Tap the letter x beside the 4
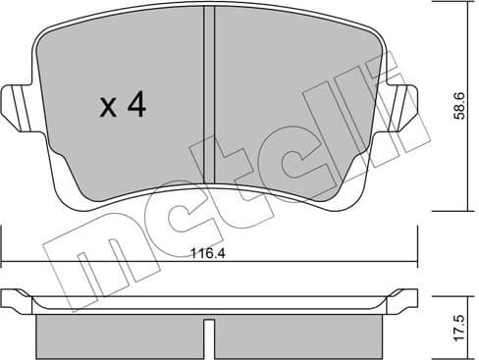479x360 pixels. click(109, 108)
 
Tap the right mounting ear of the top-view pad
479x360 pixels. click(404, 104)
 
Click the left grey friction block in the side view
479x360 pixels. click(118, 335)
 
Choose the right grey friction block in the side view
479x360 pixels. click(294, 335)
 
